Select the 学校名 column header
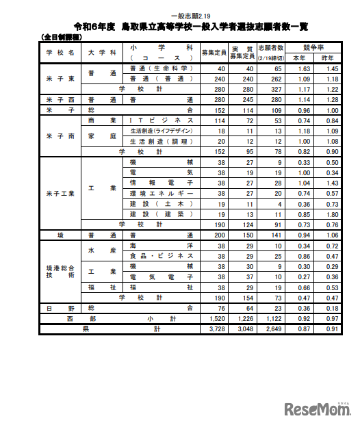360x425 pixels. (60, 52)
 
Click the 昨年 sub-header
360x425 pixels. (332, 57)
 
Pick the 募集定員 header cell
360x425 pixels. (215, 52)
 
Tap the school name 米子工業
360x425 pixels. (60, 193)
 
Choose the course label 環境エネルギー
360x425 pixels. (161, 194)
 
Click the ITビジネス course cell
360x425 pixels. (161, 120)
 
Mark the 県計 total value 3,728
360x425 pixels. (215, 329)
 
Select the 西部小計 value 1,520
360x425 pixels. (215, 318)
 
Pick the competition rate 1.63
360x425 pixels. (303, 69)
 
